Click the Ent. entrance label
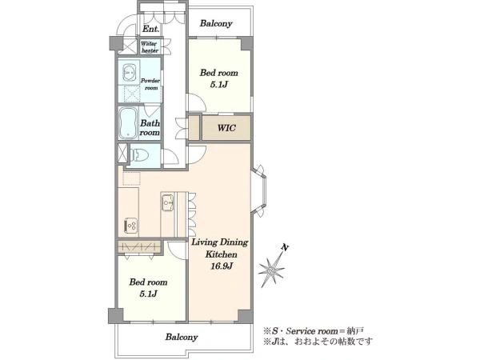point(151,29)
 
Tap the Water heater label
point(150,47)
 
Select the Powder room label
point(150,84)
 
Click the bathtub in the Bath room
point(128,123)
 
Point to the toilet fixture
point(139,155)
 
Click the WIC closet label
point(226,127)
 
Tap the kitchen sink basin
point(167,202)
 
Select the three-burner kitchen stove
point(130,226)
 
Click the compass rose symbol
point(271,270)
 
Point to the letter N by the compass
point(286,247)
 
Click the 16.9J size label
point(222,266)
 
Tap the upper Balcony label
point(216,23)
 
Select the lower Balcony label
point(182,337)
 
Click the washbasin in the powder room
point(129,73)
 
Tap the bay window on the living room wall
point(259,191)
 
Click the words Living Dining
point(220,242)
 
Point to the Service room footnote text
point(314,331)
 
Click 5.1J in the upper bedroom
point(219,85)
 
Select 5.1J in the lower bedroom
point(149,294)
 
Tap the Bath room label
point(150,128)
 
